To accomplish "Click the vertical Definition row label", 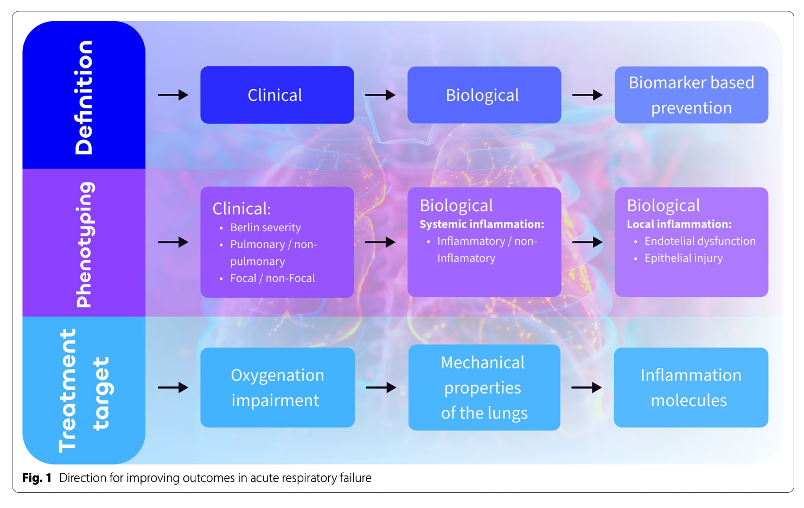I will pos(84,97).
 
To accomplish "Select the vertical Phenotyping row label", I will pos(84,244).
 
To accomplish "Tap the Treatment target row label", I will pos(84,390).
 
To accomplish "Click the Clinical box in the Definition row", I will pos(277,95).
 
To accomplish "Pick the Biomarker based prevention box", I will pos(691,95).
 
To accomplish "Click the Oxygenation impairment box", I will pos(277,388).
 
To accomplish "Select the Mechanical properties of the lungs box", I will pos(484,388).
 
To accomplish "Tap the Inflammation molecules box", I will pos(691,388).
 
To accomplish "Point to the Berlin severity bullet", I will pos(265,227).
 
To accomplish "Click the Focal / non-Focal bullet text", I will pos(272,278).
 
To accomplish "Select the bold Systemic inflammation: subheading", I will pos(482,224).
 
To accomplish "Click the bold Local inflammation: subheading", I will pos(679,224).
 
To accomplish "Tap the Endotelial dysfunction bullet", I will pos(700,241).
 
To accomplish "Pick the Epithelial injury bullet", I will pos(684,258).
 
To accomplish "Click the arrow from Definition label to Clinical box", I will pos(173,95).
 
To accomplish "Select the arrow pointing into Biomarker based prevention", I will pos(587,95).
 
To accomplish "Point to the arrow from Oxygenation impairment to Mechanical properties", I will pos(381,388).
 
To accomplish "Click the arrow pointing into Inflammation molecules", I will pos(586,388).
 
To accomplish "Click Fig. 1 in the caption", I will pos(37,478).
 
